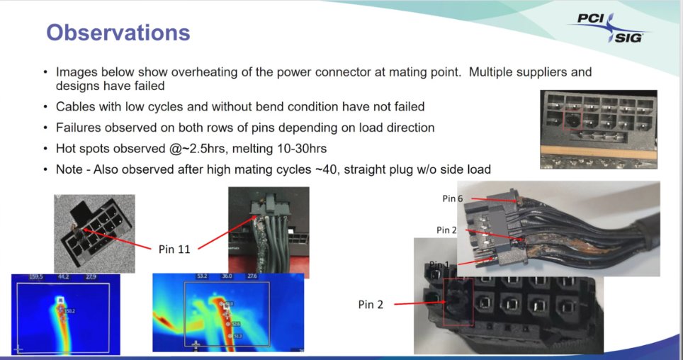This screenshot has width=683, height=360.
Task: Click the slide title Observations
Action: [x=118, y=33]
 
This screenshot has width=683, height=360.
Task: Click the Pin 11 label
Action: [x=173, y=248]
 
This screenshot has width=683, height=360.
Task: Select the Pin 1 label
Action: [x=440, y=264]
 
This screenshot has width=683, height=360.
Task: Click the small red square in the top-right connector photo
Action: [x=572, y=119]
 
